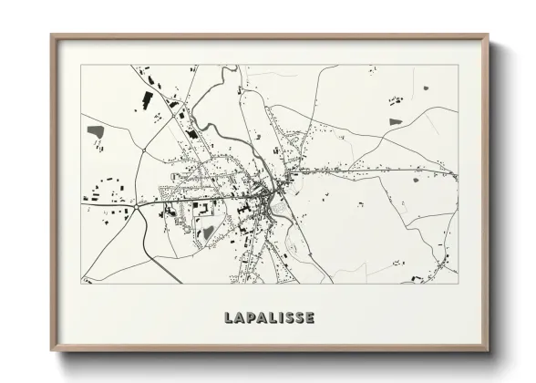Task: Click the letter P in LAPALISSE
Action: coord(248,318)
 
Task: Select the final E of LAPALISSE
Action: coord(311,318)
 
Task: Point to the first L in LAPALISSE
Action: coord(227,318)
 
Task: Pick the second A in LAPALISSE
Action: coord(260,318)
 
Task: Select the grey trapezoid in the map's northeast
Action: coord(395,121)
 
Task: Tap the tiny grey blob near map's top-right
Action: coord(425,88)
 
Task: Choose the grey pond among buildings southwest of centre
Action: coord(208,233)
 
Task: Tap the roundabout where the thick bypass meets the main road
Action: coord(137,207)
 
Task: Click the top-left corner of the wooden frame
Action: coord(52,36)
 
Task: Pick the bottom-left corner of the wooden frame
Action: coord(52,351)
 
